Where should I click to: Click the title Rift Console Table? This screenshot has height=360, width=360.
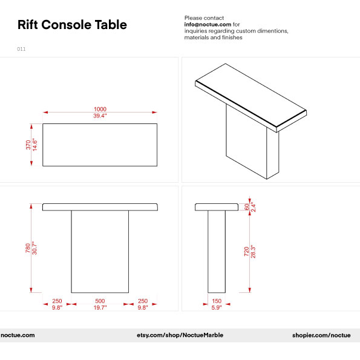pyautogui.click(x=72, y=25)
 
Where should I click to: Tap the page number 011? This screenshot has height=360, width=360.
pyautogui.click(x=21, y=49)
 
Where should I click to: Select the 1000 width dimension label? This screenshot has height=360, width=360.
pyautogui.click(x=100, y=109)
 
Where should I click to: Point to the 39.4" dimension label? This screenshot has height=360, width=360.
pyautogui.click(x=100, y=116)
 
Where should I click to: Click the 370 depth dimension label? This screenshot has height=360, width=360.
pyautogui.click(x=28, y=145)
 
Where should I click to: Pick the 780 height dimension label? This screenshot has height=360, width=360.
pyautogui.click(x=27, y=248)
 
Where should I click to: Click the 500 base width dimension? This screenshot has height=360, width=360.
pyautogui.click(x=100, y=301)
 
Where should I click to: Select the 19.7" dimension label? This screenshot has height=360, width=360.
pyautogui.click(x=100, y=307)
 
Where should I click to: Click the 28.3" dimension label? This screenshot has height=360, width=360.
pyautogui.click(x=253, y=251)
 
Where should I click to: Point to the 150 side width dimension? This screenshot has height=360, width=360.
pyautogui.click(x=216, y=301)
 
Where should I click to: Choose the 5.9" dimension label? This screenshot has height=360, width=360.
pyautogui.click(x=216, y=307)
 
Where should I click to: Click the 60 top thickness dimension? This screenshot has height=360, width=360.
pyautogui.click(x=246, y=206)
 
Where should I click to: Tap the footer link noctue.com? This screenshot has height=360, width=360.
pyautogui.click(x=18, y=335)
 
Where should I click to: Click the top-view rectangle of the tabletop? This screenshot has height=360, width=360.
pyautogui.click(x=100, y=145)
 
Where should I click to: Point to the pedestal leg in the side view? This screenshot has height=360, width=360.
pyautogui.click(x=216, y=251)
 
